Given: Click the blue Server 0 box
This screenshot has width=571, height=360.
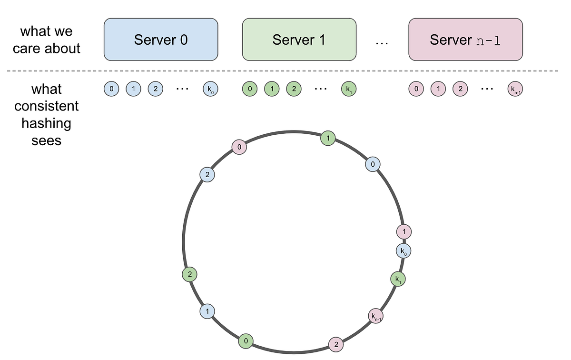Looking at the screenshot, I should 161,40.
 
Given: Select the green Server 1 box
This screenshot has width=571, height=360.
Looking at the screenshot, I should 299,40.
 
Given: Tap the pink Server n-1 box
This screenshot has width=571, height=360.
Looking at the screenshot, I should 465,40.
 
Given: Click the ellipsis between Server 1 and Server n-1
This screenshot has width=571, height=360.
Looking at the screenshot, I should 382,43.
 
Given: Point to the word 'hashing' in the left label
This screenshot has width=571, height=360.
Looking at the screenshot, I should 47,123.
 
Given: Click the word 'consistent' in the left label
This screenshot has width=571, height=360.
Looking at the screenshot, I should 47,106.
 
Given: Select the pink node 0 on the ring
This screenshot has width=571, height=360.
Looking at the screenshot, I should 239,147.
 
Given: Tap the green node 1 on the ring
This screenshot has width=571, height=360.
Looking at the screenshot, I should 327,138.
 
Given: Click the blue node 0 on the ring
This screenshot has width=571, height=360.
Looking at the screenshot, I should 373,164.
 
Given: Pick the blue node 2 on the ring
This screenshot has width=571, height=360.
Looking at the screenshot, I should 207,175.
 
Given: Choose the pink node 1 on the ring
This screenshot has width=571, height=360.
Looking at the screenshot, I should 404,232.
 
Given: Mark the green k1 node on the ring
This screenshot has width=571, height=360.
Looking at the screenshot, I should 398,279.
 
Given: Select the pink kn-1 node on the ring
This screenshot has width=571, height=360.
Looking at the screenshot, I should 376,315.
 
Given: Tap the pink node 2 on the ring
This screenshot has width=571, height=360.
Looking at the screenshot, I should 336,344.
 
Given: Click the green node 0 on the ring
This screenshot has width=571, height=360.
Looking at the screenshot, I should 246,340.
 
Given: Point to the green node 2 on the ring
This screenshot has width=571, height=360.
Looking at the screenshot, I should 189,274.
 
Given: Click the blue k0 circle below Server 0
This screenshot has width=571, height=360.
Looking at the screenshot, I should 210,89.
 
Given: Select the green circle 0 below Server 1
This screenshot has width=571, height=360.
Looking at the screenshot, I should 250,89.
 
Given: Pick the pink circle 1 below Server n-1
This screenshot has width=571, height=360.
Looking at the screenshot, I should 438,89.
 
